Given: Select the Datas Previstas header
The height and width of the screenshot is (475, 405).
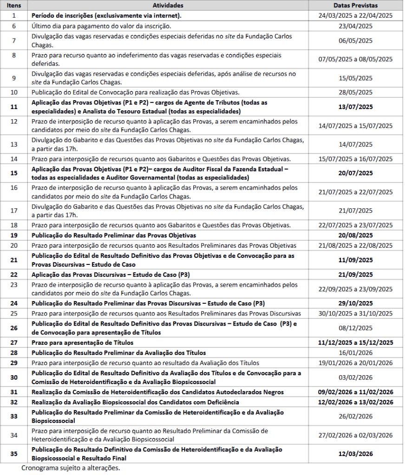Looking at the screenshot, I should tap(355, 6).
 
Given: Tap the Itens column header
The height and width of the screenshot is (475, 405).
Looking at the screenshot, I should tap(14, 6).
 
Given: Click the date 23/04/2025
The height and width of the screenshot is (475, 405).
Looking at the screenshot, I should tap(355, 26).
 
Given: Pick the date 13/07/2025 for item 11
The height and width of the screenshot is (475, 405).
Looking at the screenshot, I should tap(355, 107).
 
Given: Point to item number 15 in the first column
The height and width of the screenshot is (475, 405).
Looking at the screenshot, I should tap(14, 173).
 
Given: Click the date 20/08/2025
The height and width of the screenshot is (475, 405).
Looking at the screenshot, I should tap(355, 235).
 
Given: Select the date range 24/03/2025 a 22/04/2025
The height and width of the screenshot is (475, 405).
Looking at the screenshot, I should tap(355, 15).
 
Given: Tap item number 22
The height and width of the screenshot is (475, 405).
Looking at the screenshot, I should tap(14, 274).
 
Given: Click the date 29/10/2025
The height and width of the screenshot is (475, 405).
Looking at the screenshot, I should tap(355, 303).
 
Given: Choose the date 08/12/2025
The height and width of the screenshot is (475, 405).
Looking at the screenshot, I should tap(355, 328).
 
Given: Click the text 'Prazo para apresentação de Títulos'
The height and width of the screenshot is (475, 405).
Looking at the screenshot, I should tap(83, 342).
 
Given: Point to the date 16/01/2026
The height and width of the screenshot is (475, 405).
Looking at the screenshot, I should tap(355, 353).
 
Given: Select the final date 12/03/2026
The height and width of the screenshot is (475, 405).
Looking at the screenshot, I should tap(355, 454).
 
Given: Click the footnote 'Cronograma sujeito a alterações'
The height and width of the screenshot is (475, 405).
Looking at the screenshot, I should tap(71, 468).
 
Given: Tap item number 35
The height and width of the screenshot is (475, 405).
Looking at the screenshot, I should tap(14, 454).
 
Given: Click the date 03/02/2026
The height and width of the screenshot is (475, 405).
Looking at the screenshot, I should tap(355, 377).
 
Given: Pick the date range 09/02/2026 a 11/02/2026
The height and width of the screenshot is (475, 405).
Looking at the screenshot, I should tap(355, 392).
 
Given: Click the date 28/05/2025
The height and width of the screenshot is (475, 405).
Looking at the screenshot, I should tap(355, 92).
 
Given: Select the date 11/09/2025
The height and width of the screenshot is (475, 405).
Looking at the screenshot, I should tap(355, 260).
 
